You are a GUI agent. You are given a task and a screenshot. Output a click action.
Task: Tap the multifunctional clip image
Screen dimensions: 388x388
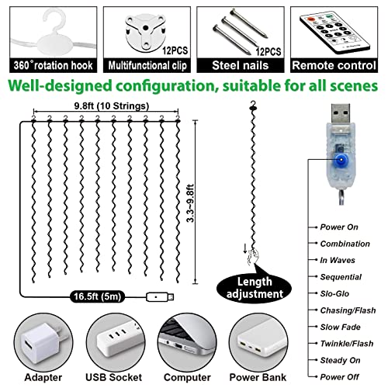(145, 27)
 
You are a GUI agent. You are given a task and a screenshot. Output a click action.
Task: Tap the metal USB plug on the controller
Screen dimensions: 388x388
(340, 116)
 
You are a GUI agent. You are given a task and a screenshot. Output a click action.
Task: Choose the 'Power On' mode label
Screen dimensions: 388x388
(338, 227)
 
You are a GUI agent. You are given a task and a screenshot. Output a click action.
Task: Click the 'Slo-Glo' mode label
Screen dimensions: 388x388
(335, 293)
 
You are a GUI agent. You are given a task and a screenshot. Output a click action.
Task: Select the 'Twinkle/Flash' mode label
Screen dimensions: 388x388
(344, 342)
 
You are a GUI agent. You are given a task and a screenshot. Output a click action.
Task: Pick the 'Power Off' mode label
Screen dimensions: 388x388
(339, 376)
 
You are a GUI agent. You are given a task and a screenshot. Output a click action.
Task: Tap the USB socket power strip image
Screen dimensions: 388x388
(120, 340)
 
